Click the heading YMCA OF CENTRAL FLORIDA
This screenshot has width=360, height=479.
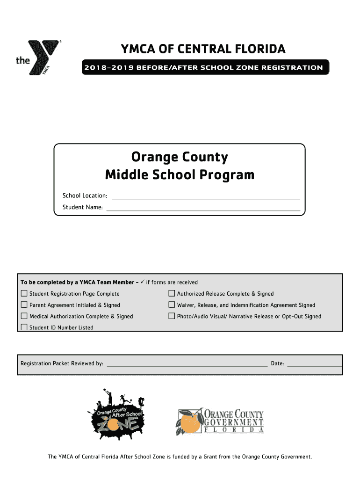click(203, 49)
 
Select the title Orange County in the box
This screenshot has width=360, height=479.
click(180, 157)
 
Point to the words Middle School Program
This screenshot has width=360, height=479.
click(180, 175)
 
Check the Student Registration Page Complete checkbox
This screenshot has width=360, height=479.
click(24, 294)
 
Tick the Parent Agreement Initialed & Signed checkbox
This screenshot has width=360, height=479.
click(24, 305)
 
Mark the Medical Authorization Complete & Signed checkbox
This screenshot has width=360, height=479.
click(24, 316)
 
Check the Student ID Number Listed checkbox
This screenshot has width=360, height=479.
click(24, 327)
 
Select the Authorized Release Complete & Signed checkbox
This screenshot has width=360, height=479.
click(172, 294)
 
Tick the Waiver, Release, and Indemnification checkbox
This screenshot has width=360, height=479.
click(172, 305)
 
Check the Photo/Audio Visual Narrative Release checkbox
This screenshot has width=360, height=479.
click(172, 316)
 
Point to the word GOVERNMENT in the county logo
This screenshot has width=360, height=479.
click(234, 422)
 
